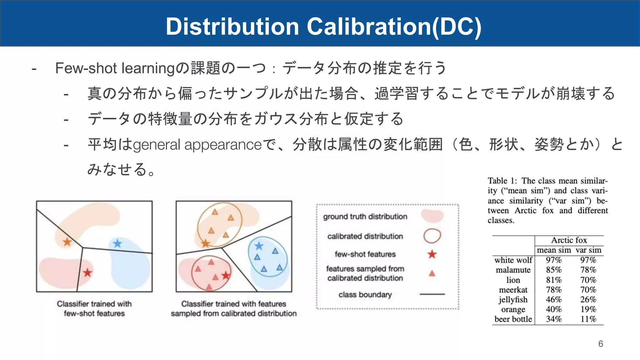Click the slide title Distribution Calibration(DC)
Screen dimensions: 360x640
[323, 26]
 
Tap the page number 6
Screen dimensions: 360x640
[600, 344]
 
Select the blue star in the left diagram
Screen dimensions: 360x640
[117, 243]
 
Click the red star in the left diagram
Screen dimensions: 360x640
[87, 273]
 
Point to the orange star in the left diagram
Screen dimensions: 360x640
[67, 242]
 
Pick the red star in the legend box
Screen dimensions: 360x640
[432, 254]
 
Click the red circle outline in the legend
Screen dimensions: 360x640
[432, 236]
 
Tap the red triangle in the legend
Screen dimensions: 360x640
[432, 274]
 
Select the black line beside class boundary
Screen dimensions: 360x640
[432, 294]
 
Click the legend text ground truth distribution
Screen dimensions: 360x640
[365, 217]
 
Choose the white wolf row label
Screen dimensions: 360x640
[513, 260]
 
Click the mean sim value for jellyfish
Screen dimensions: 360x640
[553, 299]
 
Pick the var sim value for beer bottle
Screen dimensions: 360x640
[588, 319]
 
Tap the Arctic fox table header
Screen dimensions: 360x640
[569, 240]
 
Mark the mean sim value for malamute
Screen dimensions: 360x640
[553, 270]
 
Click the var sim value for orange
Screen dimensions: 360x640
[588, 309]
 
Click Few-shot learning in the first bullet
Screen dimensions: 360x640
[115, 68]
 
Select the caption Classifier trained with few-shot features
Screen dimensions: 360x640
[94, 308]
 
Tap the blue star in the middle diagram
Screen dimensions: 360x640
[259, 246]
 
